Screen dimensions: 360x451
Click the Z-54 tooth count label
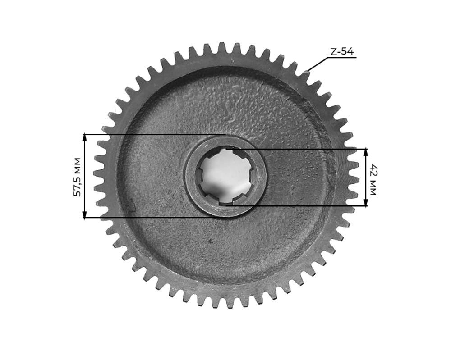tap(341, 52)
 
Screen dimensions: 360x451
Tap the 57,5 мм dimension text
tap(77, 177)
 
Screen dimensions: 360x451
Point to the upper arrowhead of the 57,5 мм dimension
tap(84, 137)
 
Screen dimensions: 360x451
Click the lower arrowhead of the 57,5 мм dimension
tap(84, 215)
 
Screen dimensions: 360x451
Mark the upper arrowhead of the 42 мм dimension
tap(365, 151)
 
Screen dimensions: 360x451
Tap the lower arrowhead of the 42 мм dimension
tap(365, 203)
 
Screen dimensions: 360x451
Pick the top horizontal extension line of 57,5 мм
tap(153, 134)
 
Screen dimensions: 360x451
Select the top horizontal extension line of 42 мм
tap(298, 149)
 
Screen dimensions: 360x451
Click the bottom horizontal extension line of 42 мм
tap(298, 206)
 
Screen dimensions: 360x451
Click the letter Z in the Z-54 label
tap(333, 52)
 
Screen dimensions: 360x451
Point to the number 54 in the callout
tap(347, 52)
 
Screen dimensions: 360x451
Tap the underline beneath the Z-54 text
tap(341, 58)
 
